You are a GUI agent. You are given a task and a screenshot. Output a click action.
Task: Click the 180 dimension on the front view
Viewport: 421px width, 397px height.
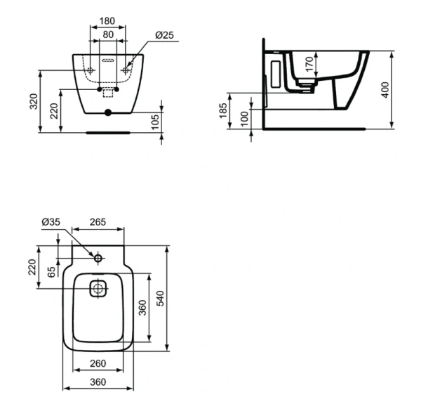(107, 21)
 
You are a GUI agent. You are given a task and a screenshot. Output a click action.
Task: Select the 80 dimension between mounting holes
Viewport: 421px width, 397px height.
(107, 34)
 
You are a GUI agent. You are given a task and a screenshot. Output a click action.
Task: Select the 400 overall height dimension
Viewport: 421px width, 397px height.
(385, 90)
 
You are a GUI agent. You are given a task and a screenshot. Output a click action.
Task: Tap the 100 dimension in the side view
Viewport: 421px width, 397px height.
(244, 118)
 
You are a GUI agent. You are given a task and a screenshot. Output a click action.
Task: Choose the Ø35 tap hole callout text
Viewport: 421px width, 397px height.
(50, 222)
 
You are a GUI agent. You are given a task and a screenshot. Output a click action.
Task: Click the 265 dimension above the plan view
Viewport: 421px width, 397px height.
(97, 222)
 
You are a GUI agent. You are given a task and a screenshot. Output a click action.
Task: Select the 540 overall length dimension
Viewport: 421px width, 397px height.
(160, 299)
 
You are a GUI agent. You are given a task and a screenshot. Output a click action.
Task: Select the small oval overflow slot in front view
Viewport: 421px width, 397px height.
(107, 61)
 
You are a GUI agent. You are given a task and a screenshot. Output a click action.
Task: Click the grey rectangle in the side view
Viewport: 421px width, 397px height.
(274, 73)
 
